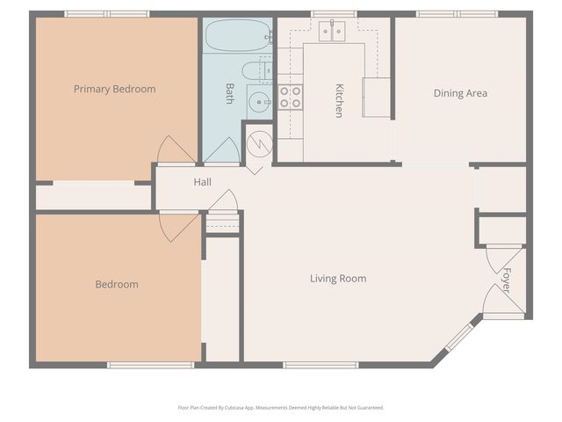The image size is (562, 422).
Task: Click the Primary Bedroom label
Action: (114, 89)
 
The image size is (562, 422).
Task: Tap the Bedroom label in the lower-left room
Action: (117, 284)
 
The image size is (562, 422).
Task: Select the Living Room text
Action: (338, 279)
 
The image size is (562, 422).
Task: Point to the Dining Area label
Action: (460, 93)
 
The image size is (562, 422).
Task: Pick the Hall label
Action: (203, 182)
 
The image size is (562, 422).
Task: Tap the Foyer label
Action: (506, 280)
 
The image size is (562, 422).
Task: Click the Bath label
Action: (229, 93)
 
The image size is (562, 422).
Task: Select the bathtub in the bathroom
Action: (238, 37)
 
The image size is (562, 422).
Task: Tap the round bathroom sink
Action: (258, 101)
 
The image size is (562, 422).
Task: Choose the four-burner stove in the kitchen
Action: (291, 97)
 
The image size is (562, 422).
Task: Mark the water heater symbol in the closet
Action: (258, 145)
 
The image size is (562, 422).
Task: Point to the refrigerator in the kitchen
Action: (376, 97)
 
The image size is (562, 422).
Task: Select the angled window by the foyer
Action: (459, 337)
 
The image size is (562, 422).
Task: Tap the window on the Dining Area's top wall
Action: (457, 14)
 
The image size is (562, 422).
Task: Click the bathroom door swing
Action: (222, 151)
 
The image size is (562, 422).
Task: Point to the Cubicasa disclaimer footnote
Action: (281, 408)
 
